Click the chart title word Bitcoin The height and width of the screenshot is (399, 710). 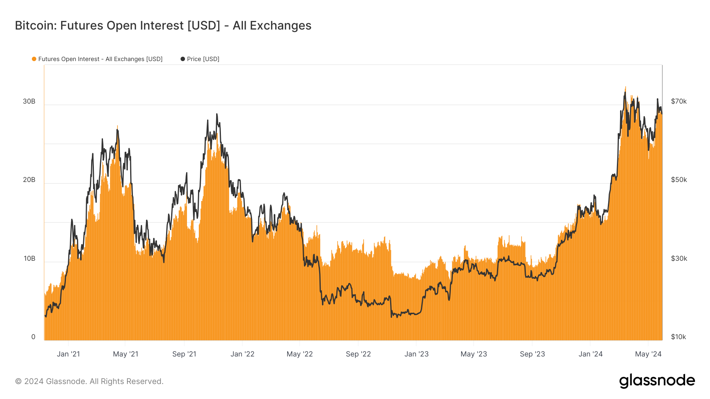[35, 26]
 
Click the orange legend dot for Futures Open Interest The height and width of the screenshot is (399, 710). [34, 59]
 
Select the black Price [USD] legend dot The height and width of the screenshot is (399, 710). [183, 59]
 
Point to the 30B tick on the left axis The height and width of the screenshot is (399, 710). [29, 101]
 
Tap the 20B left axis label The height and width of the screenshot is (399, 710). [29, 180]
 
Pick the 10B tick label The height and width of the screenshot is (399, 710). [29, 258]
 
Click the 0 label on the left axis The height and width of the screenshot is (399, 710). [33, 337]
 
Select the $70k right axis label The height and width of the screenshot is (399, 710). [679, 101]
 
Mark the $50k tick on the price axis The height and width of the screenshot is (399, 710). [679, 180]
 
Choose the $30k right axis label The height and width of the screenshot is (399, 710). [679, 258]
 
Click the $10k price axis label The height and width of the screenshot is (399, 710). [678, 337]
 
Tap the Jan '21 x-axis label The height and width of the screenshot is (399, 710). [68, 354]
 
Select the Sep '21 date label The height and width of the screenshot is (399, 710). [184, 354]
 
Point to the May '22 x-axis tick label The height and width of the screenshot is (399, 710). [299, 354]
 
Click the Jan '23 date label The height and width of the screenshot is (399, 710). [416, 354]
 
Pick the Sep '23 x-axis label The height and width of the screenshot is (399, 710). [532, 354]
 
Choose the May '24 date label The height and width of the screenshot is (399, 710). [648, 354]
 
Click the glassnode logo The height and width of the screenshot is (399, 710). [657, 381]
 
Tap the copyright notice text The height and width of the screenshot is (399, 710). [89, 381]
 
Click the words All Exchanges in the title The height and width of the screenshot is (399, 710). [272, 26]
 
